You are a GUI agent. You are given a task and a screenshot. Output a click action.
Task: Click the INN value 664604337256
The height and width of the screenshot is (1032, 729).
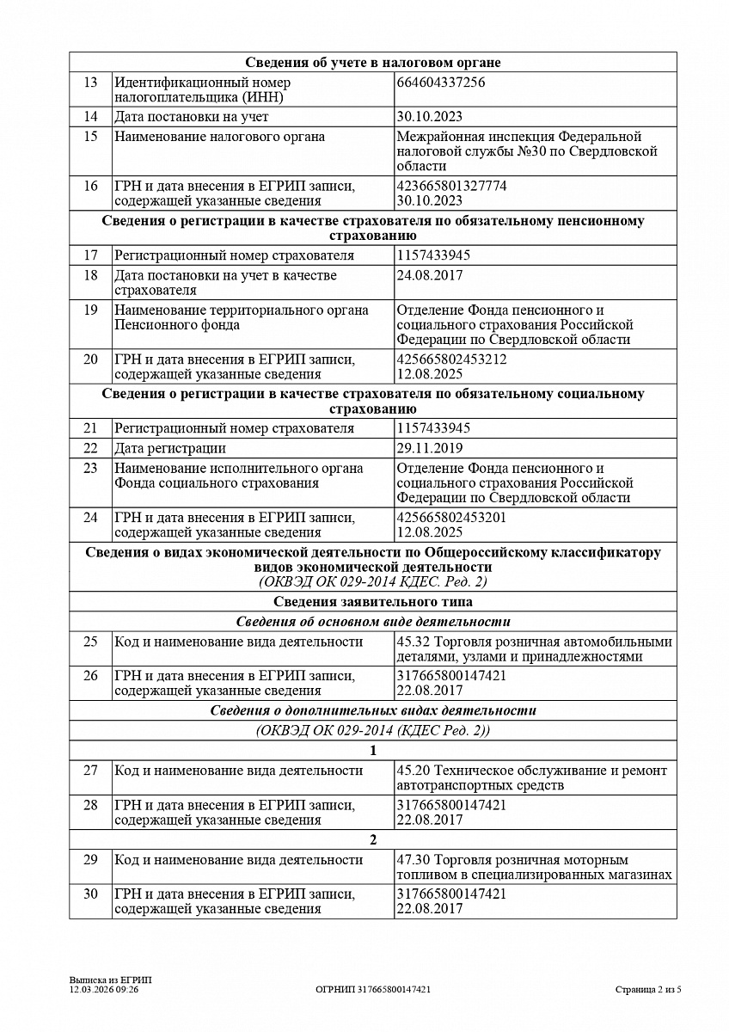(x=441, y=83)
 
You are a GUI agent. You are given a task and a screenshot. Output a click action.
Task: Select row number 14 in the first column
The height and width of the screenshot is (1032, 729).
(x=90, y=117)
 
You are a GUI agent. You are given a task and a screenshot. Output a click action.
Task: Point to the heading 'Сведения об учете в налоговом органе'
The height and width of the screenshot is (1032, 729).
(x=373, y=62)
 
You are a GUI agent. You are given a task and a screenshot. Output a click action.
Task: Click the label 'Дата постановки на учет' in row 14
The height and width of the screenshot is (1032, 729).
(x=192, y=117)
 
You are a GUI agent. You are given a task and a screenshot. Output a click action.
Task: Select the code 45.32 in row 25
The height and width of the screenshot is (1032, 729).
(x=414, y=642)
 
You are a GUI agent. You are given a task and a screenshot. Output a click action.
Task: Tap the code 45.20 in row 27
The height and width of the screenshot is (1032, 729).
(x=414, y=771)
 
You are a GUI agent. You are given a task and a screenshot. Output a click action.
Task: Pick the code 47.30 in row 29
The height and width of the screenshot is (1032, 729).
(x=414, y=860)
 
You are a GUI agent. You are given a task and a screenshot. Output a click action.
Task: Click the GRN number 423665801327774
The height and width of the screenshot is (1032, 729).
(x=451, y=185)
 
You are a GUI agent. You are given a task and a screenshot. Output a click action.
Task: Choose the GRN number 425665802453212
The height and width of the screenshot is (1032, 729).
(x=451, y=359)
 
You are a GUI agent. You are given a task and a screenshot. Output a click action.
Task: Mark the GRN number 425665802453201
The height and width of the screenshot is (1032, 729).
(x=451, y=518)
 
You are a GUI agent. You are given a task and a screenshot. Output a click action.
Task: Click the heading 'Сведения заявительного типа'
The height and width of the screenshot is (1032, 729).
(x=373, y=602)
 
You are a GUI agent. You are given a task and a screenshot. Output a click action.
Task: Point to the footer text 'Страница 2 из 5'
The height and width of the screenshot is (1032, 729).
(x=648, y=990)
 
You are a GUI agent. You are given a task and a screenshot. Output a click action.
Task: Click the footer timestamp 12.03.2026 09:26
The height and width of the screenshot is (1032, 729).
(x=104, y=990)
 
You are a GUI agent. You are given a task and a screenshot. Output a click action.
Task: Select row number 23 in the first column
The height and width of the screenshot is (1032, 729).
(x=90, y=469)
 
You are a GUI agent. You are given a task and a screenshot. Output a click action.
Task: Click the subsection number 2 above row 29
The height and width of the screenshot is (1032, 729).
(x=373, y=840)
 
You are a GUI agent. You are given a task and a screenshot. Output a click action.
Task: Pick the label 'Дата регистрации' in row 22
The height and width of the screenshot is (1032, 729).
(x=170, y=448)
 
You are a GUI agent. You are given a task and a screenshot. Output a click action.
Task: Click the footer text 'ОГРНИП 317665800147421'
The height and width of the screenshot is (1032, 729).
(x=373, y=990)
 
